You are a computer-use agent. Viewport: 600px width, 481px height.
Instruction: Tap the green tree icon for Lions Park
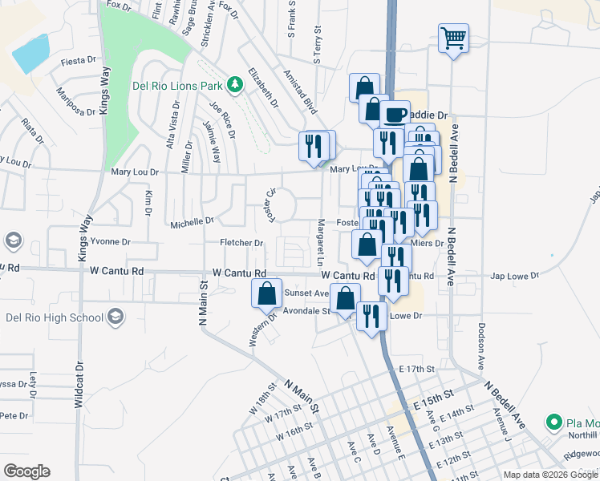tap(235, 83)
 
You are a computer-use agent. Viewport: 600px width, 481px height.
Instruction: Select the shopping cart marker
tap(453, 38)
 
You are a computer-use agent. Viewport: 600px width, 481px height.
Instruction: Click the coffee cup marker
tap(394, 115)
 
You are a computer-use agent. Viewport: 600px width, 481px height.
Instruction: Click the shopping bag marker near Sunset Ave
tap(267, 293)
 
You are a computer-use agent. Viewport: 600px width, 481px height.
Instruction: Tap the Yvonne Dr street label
tap(110, 241)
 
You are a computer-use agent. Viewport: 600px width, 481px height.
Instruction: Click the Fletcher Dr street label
tap(241, 242)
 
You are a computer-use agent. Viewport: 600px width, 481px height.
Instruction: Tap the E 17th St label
tap(416, 369)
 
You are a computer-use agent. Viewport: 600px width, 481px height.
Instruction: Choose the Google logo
tap(26, 471)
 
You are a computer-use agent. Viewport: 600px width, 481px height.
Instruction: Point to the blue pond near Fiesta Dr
tap(30, 54)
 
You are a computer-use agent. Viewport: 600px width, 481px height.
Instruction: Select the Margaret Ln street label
tap(320, 244)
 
